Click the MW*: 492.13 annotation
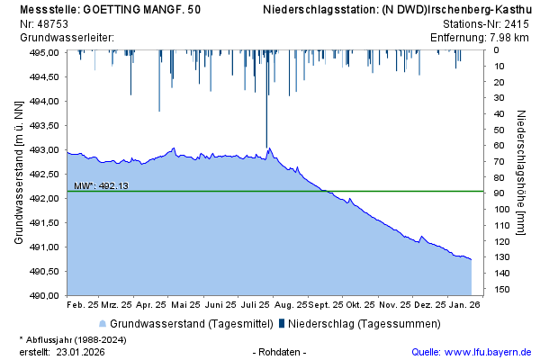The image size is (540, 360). (x=101, y=186)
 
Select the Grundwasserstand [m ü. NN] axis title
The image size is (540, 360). (x=18, y=174)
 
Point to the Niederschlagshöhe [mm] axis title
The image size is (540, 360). (x=521, y=174)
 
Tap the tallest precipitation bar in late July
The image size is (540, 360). (x=266, y=99)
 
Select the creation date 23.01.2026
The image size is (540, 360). (x=80, y=352)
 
